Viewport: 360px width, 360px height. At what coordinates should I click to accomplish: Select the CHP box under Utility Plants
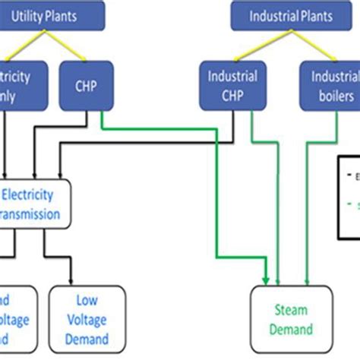85,86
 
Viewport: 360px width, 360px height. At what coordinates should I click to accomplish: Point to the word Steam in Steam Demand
292,309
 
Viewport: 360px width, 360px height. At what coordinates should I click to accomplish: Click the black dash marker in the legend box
349,174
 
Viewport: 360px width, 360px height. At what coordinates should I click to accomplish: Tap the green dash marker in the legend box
350,205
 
